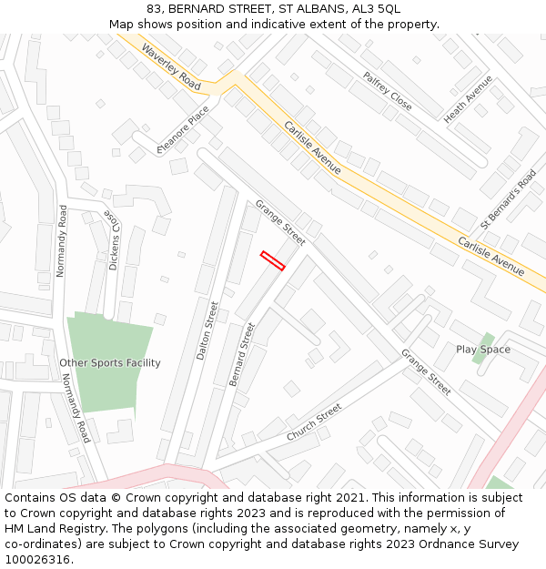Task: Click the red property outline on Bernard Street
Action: click(x=273, y=260)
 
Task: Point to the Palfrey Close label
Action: click(x=388, y=91)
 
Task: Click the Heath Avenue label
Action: click(x=468, y=98)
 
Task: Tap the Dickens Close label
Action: click(x=114, y=242)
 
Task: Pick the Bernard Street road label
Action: click(x=242, y=353)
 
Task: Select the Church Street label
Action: click(x=314, y=422)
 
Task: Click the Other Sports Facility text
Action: click(x=110, y=363)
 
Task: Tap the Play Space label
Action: click(x=483, y=350)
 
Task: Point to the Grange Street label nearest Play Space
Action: click(x=426, y=371)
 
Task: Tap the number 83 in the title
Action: click(x=153, y=9)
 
